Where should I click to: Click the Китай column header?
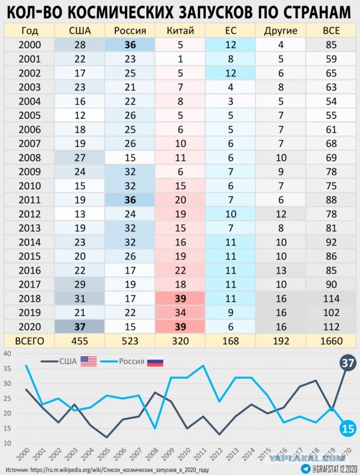click(x=181, y=30)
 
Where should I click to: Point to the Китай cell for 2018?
click(x=181, y=298)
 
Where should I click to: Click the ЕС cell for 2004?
click(x=231, y=101)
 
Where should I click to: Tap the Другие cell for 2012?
click(x=281, y=214)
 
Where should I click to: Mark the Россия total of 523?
click(x=130, y=341)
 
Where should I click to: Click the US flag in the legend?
click(x=88, y=361)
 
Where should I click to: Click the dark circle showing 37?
click(x=348, y=364)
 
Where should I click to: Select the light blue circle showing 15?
click(x=348, y=429)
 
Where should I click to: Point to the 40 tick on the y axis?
click(x=7, y=354)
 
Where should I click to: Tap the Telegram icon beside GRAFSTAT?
click(x=305, y=468)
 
